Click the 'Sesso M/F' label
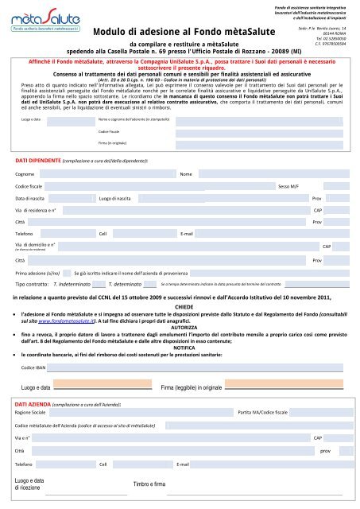pyautogui.click(x=288, y=185)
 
